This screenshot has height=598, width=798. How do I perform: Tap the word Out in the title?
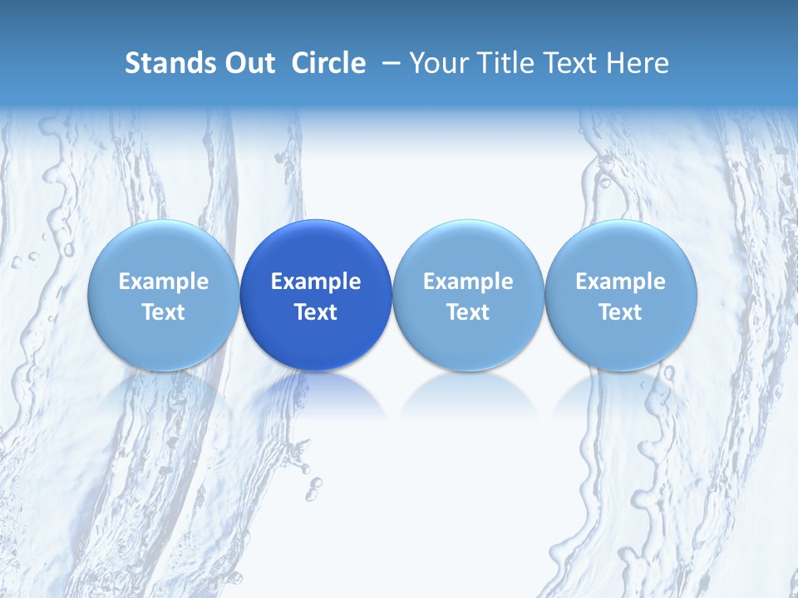(249, 63)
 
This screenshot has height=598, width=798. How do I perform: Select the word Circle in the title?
(328, 63)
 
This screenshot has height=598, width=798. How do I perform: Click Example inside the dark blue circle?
(316, 282)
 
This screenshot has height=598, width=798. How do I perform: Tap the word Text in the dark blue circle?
(316, 312)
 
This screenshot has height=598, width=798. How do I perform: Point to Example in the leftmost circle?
(164, 282)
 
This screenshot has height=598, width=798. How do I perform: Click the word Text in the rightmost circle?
(621, 312)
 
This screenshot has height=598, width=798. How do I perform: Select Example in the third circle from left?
(468, 282)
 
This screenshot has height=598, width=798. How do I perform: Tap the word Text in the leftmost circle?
(164, 312)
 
